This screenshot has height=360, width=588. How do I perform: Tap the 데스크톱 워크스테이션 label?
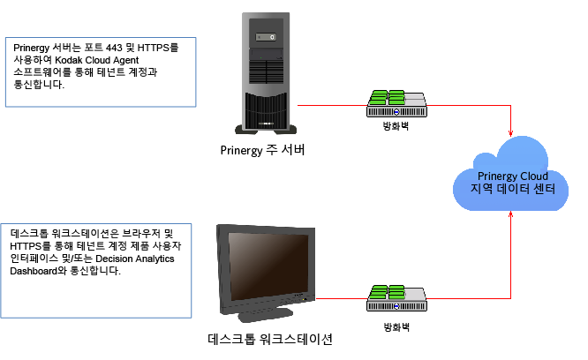click(x=269, y=339)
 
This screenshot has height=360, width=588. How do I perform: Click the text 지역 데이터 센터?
click(x=513, y=190)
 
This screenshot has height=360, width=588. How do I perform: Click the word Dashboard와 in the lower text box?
click(x=44, y=271)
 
